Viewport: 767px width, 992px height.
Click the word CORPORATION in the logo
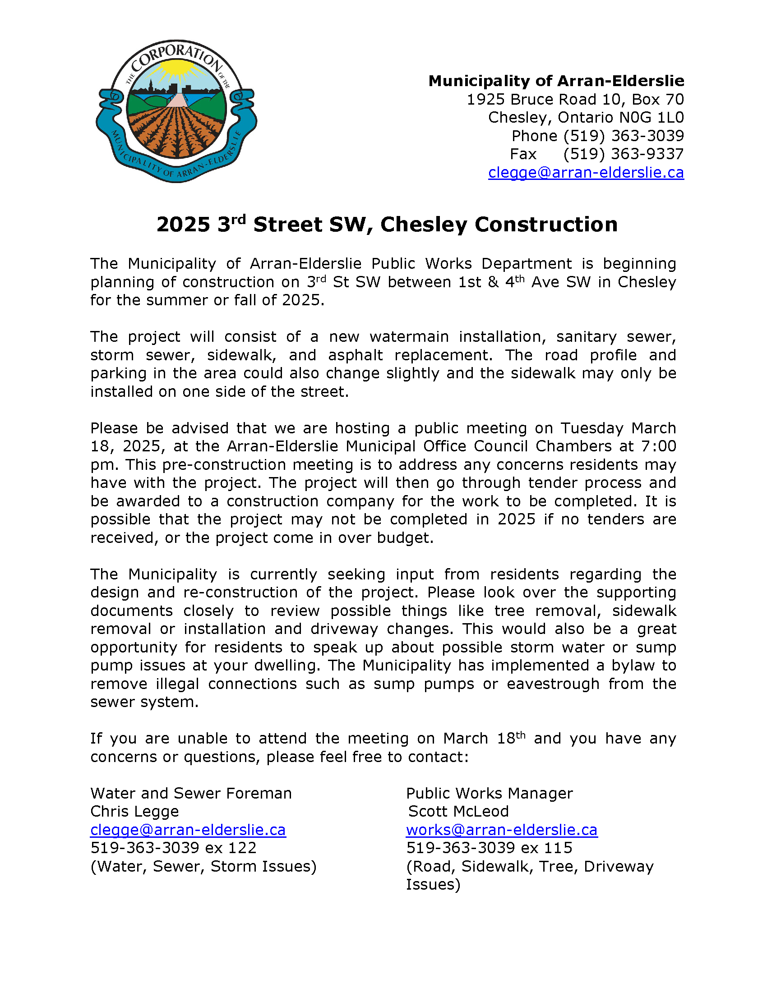[x=176, y=57]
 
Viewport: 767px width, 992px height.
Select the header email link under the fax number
[x=586, y=173]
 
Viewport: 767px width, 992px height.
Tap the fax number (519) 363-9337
[x=623, y=154]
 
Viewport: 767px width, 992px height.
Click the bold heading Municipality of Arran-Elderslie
[x=556, y=81]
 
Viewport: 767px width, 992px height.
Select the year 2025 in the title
[x=183, y=225]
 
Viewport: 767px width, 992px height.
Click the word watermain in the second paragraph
[x=409, y=336]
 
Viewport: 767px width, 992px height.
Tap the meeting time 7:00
[x=658, y=446]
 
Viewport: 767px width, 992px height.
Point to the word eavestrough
[x=553, y=684]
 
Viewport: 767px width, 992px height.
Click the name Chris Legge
[x=134, y=811]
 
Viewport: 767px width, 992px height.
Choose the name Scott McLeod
[x=458, y=811]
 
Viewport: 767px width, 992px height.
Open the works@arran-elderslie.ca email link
[x=502, y=830]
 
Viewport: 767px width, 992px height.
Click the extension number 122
[x=244, y=848]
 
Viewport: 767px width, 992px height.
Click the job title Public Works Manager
[x=490, y=793]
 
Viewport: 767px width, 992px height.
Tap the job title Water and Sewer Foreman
[x=191, y=793]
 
